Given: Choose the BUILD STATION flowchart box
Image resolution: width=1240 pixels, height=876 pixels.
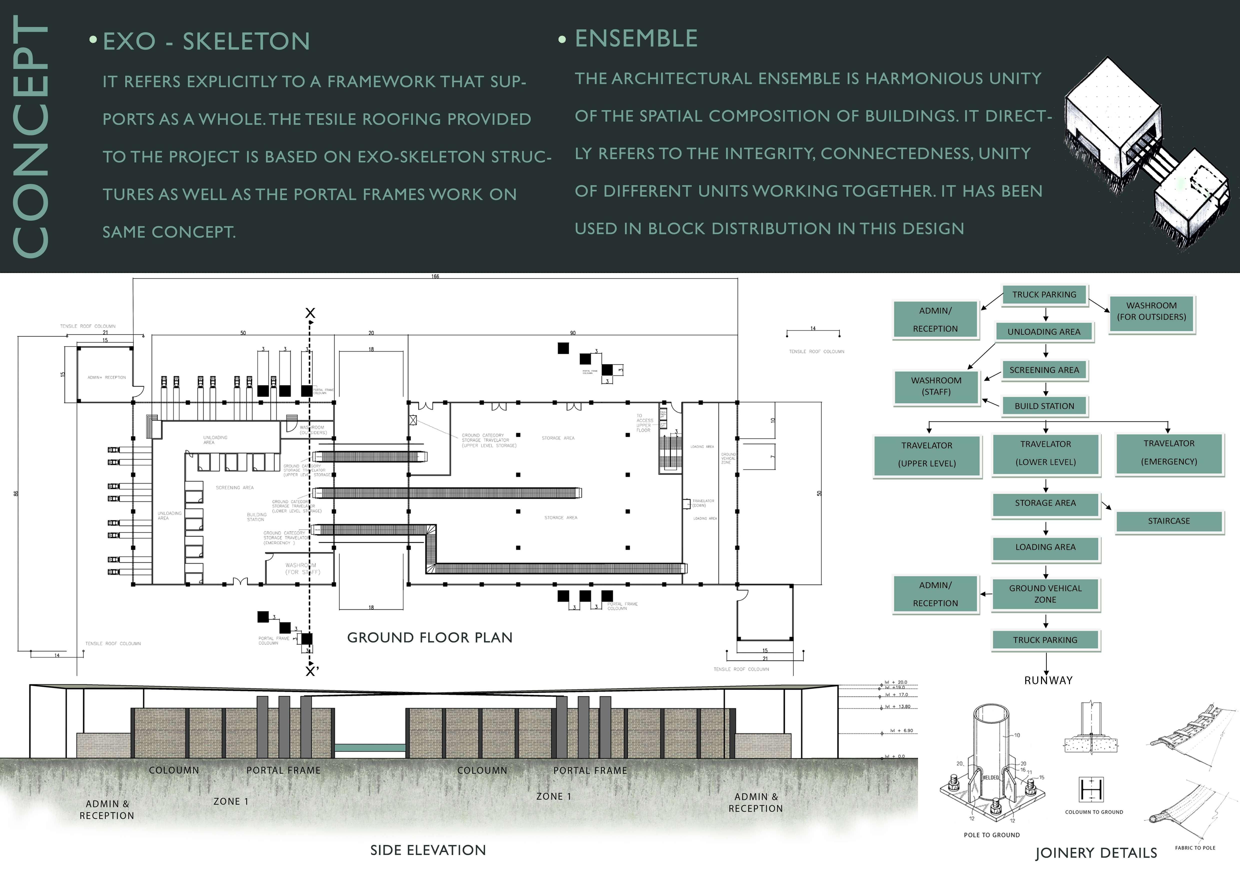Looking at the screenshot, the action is tap(1044, 406).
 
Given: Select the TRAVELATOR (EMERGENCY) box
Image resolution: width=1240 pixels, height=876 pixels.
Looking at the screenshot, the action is tap(1169, 452).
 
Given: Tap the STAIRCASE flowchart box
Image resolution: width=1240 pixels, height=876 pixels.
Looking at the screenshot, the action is tap(1169, 521).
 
